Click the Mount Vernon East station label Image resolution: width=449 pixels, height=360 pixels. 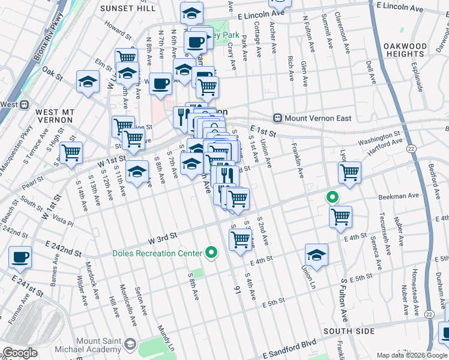pos(318,118)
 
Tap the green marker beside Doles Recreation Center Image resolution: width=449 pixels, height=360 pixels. pos(211,253)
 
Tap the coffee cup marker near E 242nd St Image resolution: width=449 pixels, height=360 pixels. pos(20,258)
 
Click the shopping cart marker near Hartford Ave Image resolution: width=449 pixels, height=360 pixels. pos(349,173)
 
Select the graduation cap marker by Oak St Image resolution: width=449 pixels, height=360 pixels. pos(88,82)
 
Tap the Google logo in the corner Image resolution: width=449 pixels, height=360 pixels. pos(19,353)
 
